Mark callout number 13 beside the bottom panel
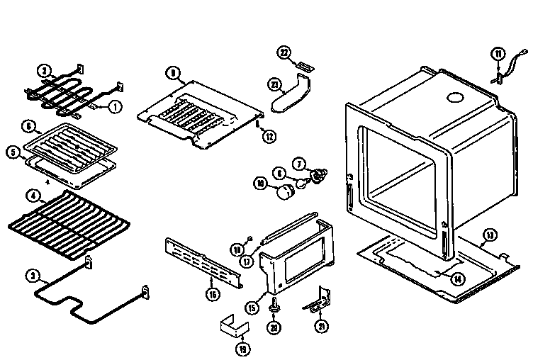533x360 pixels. (488, 235)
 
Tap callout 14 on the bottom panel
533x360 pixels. (459, 277)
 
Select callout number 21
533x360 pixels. (323, 325)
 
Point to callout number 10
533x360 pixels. (260, 184)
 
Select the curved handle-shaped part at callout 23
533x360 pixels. (292, 98)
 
